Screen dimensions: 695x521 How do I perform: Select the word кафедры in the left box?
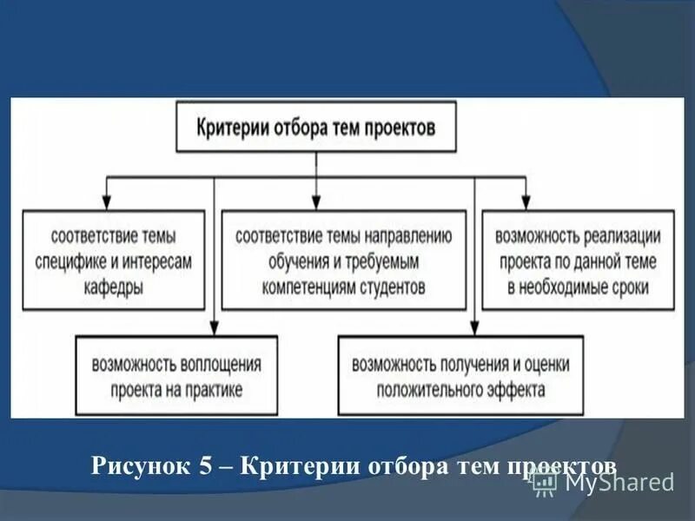109,286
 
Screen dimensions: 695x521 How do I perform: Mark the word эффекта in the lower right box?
516,388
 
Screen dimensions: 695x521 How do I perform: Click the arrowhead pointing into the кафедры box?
107,200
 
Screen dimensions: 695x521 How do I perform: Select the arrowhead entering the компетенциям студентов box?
316,200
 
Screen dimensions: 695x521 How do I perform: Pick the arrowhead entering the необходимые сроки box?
524,200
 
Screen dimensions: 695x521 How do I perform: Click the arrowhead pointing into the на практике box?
212,326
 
